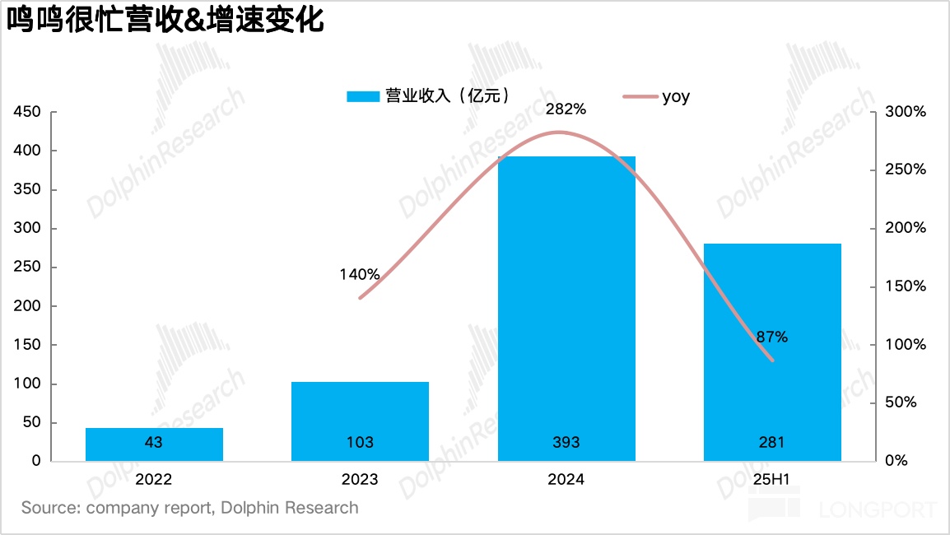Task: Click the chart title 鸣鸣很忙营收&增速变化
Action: tap(165, 20)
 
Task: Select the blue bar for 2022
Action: tap(154, 444)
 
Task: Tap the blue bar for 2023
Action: tap(360, 421)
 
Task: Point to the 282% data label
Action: tap(566, 109)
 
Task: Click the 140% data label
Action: tap(360, 274)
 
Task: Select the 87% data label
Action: tap(772, 337)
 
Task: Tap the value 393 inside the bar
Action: tap(566, 443)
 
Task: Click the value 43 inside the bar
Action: tap(154, 443)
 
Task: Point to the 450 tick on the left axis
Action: tap(28, 112)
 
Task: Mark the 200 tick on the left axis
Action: tap(28, 306)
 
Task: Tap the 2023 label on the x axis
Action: tap(360, 480)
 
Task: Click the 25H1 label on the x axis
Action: tap(772, 480)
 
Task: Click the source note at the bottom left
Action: tap(190, 508)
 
